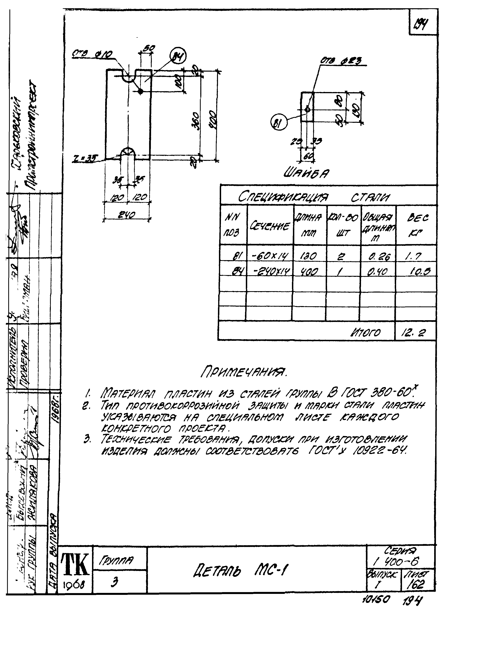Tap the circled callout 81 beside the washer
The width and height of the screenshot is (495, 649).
(278, 123)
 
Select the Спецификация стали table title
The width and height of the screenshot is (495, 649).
(314, 197)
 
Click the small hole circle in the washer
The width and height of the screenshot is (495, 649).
(307, 109)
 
